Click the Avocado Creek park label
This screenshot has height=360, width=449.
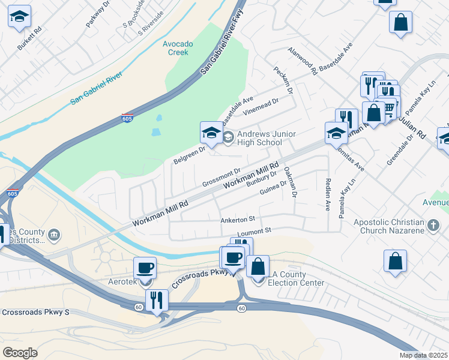pyautogui.click(x=178, y=48)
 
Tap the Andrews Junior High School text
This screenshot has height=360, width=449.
pyautogui.click(x=259, y=138)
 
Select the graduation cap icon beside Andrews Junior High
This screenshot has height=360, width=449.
pyautogui.click(x=211, y=132)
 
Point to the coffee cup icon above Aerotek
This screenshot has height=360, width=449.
pyautogui.click(x=145, y=268)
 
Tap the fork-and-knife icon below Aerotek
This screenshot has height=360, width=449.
pyautogui.click(x=157, y=299)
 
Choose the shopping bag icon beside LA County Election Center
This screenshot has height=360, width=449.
pyautogui.click(x=258, y=266)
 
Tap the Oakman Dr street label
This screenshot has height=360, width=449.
pyautogui.click(x=291, y=182)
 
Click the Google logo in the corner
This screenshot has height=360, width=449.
pyautogui.click(x=20, y=353)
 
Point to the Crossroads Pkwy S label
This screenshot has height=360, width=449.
pyautogui.click(x=35, y=313)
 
